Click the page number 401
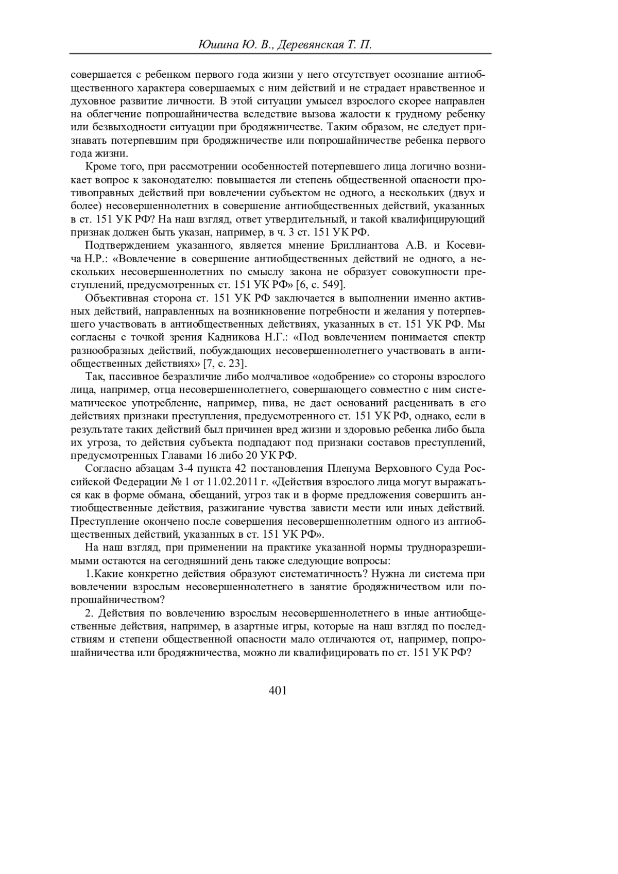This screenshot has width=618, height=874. (x=278, y=690)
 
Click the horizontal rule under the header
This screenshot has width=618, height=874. (x=280, y=54)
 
